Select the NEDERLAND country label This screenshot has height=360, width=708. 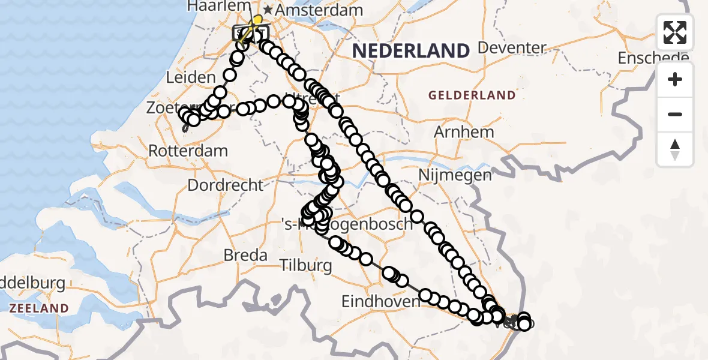point(410,50)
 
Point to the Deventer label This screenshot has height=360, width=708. point(512,47)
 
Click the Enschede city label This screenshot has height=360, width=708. point(653,58)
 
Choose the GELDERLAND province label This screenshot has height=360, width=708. point(471,95)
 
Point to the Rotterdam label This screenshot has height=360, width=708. point(188,150)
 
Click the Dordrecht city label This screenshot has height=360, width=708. point(226,185)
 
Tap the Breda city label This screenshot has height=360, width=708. point(245,255)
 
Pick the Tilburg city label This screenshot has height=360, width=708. point(306,265)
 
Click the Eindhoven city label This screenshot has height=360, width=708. point(380,301)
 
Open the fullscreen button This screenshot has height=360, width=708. point(675,32)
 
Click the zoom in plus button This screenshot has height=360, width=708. point(675,79)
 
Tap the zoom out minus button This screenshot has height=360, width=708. point(675,114)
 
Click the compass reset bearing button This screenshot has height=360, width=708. point(675,149)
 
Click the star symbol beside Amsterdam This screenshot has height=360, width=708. point(268,10)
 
